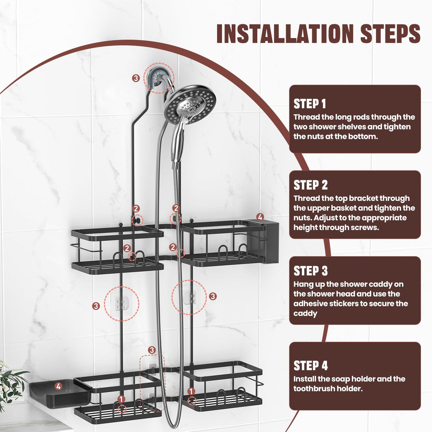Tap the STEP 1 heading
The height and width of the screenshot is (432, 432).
click(x=310, y=104)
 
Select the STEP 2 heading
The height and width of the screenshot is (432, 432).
click(x=311, y=185)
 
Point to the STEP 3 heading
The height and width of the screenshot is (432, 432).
click(x=311, y=271)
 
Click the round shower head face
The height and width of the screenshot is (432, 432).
click(x=190, y=105)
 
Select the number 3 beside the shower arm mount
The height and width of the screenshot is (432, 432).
click(x=136, y=78)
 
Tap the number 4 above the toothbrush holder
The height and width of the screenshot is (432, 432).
click(x=260, y=217)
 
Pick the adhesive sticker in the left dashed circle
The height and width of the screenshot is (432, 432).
click(x=122, y=304)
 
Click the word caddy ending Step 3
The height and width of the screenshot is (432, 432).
click(x=305, y=314)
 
